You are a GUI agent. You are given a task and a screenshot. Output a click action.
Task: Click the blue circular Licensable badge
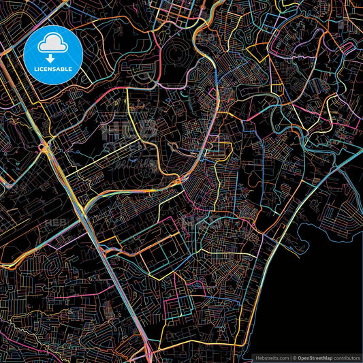click(x=53, y=54)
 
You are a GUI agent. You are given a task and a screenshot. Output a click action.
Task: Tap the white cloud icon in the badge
click(x=53, y=44)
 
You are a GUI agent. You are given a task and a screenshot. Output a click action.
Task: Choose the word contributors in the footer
click(x=347, y=357)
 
